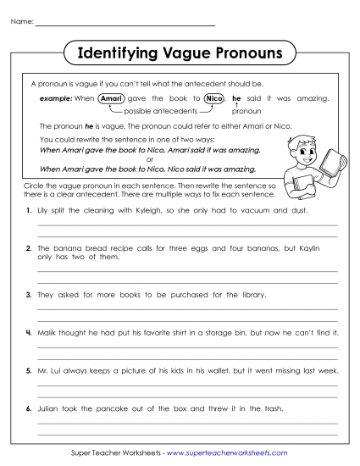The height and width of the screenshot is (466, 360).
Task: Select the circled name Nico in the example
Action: pyautogui.click(x=213, y=99)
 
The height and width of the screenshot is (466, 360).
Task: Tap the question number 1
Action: pyautogui.click(x=29, y=209)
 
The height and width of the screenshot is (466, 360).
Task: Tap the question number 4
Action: pyautogui.click(x=29, y=333)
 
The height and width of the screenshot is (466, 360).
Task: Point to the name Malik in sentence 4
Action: pyautogui.click(x=48, y=333)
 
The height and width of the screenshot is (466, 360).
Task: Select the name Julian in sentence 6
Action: pyautogui.click(x=48, y=409)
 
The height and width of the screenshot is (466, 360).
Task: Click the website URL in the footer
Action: pyautogui.click(x=226, y=453)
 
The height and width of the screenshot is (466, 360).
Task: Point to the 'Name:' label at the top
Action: pyautogui.click(x=22, y=21)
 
